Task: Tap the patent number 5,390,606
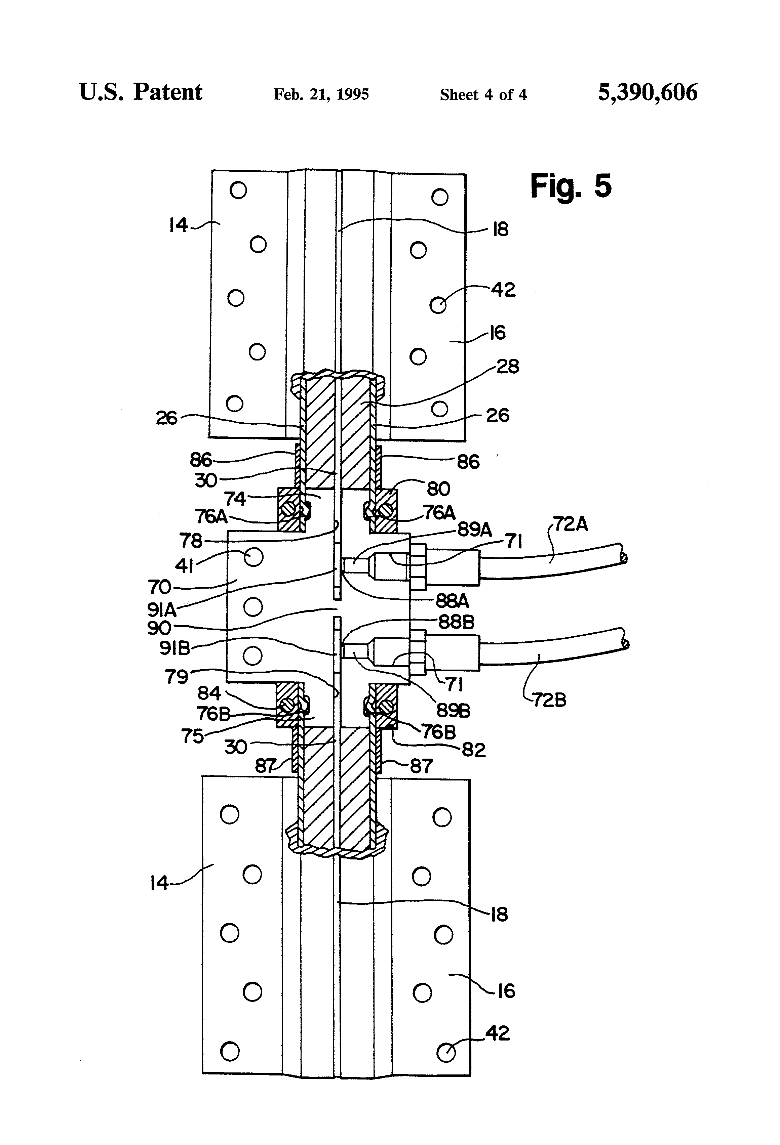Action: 648,93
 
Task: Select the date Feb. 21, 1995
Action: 321,94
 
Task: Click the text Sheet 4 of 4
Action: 483,95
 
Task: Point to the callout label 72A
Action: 571,524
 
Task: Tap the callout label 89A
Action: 474,529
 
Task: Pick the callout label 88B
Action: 456,622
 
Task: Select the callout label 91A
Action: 162,610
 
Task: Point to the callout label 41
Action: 184,566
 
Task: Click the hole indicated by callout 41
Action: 253,557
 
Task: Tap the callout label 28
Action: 507,366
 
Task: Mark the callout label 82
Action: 473,750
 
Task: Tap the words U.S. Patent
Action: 141,92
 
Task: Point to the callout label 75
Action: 192,736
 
